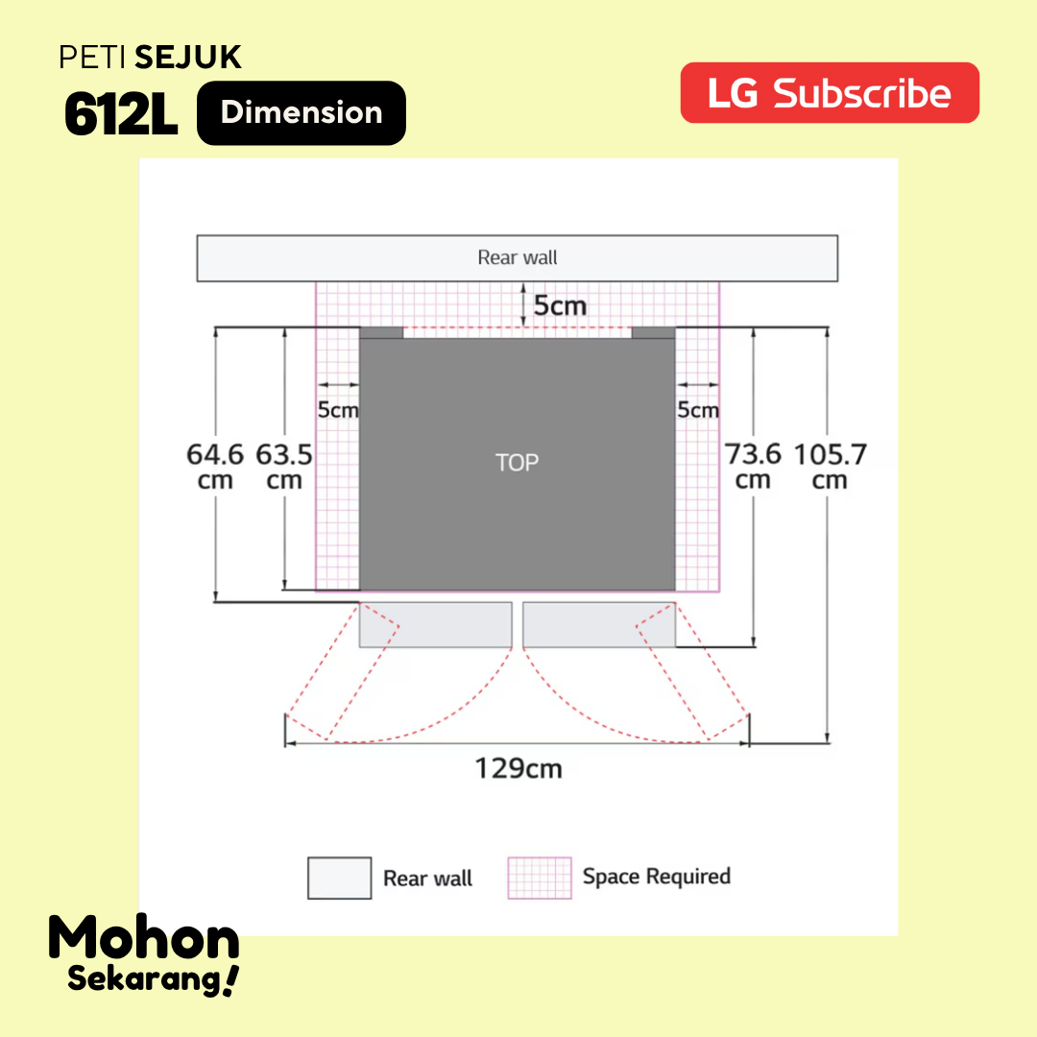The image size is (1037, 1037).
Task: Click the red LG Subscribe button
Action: [830, 92]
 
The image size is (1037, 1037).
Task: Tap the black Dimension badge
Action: [301, 113]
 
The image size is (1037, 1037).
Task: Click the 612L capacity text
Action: [121, 113]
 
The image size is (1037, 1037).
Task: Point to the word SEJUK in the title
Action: [188, 58]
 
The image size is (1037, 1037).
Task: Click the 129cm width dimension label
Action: [518, 768]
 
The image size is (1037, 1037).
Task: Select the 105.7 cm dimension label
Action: [830, 467]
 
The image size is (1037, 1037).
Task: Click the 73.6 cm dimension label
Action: [753, 467]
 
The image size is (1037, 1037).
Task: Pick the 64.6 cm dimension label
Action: [215, 467]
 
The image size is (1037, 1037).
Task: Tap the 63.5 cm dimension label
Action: [283, 467]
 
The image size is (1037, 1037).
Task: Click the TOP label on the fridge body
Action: [518, 462]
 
